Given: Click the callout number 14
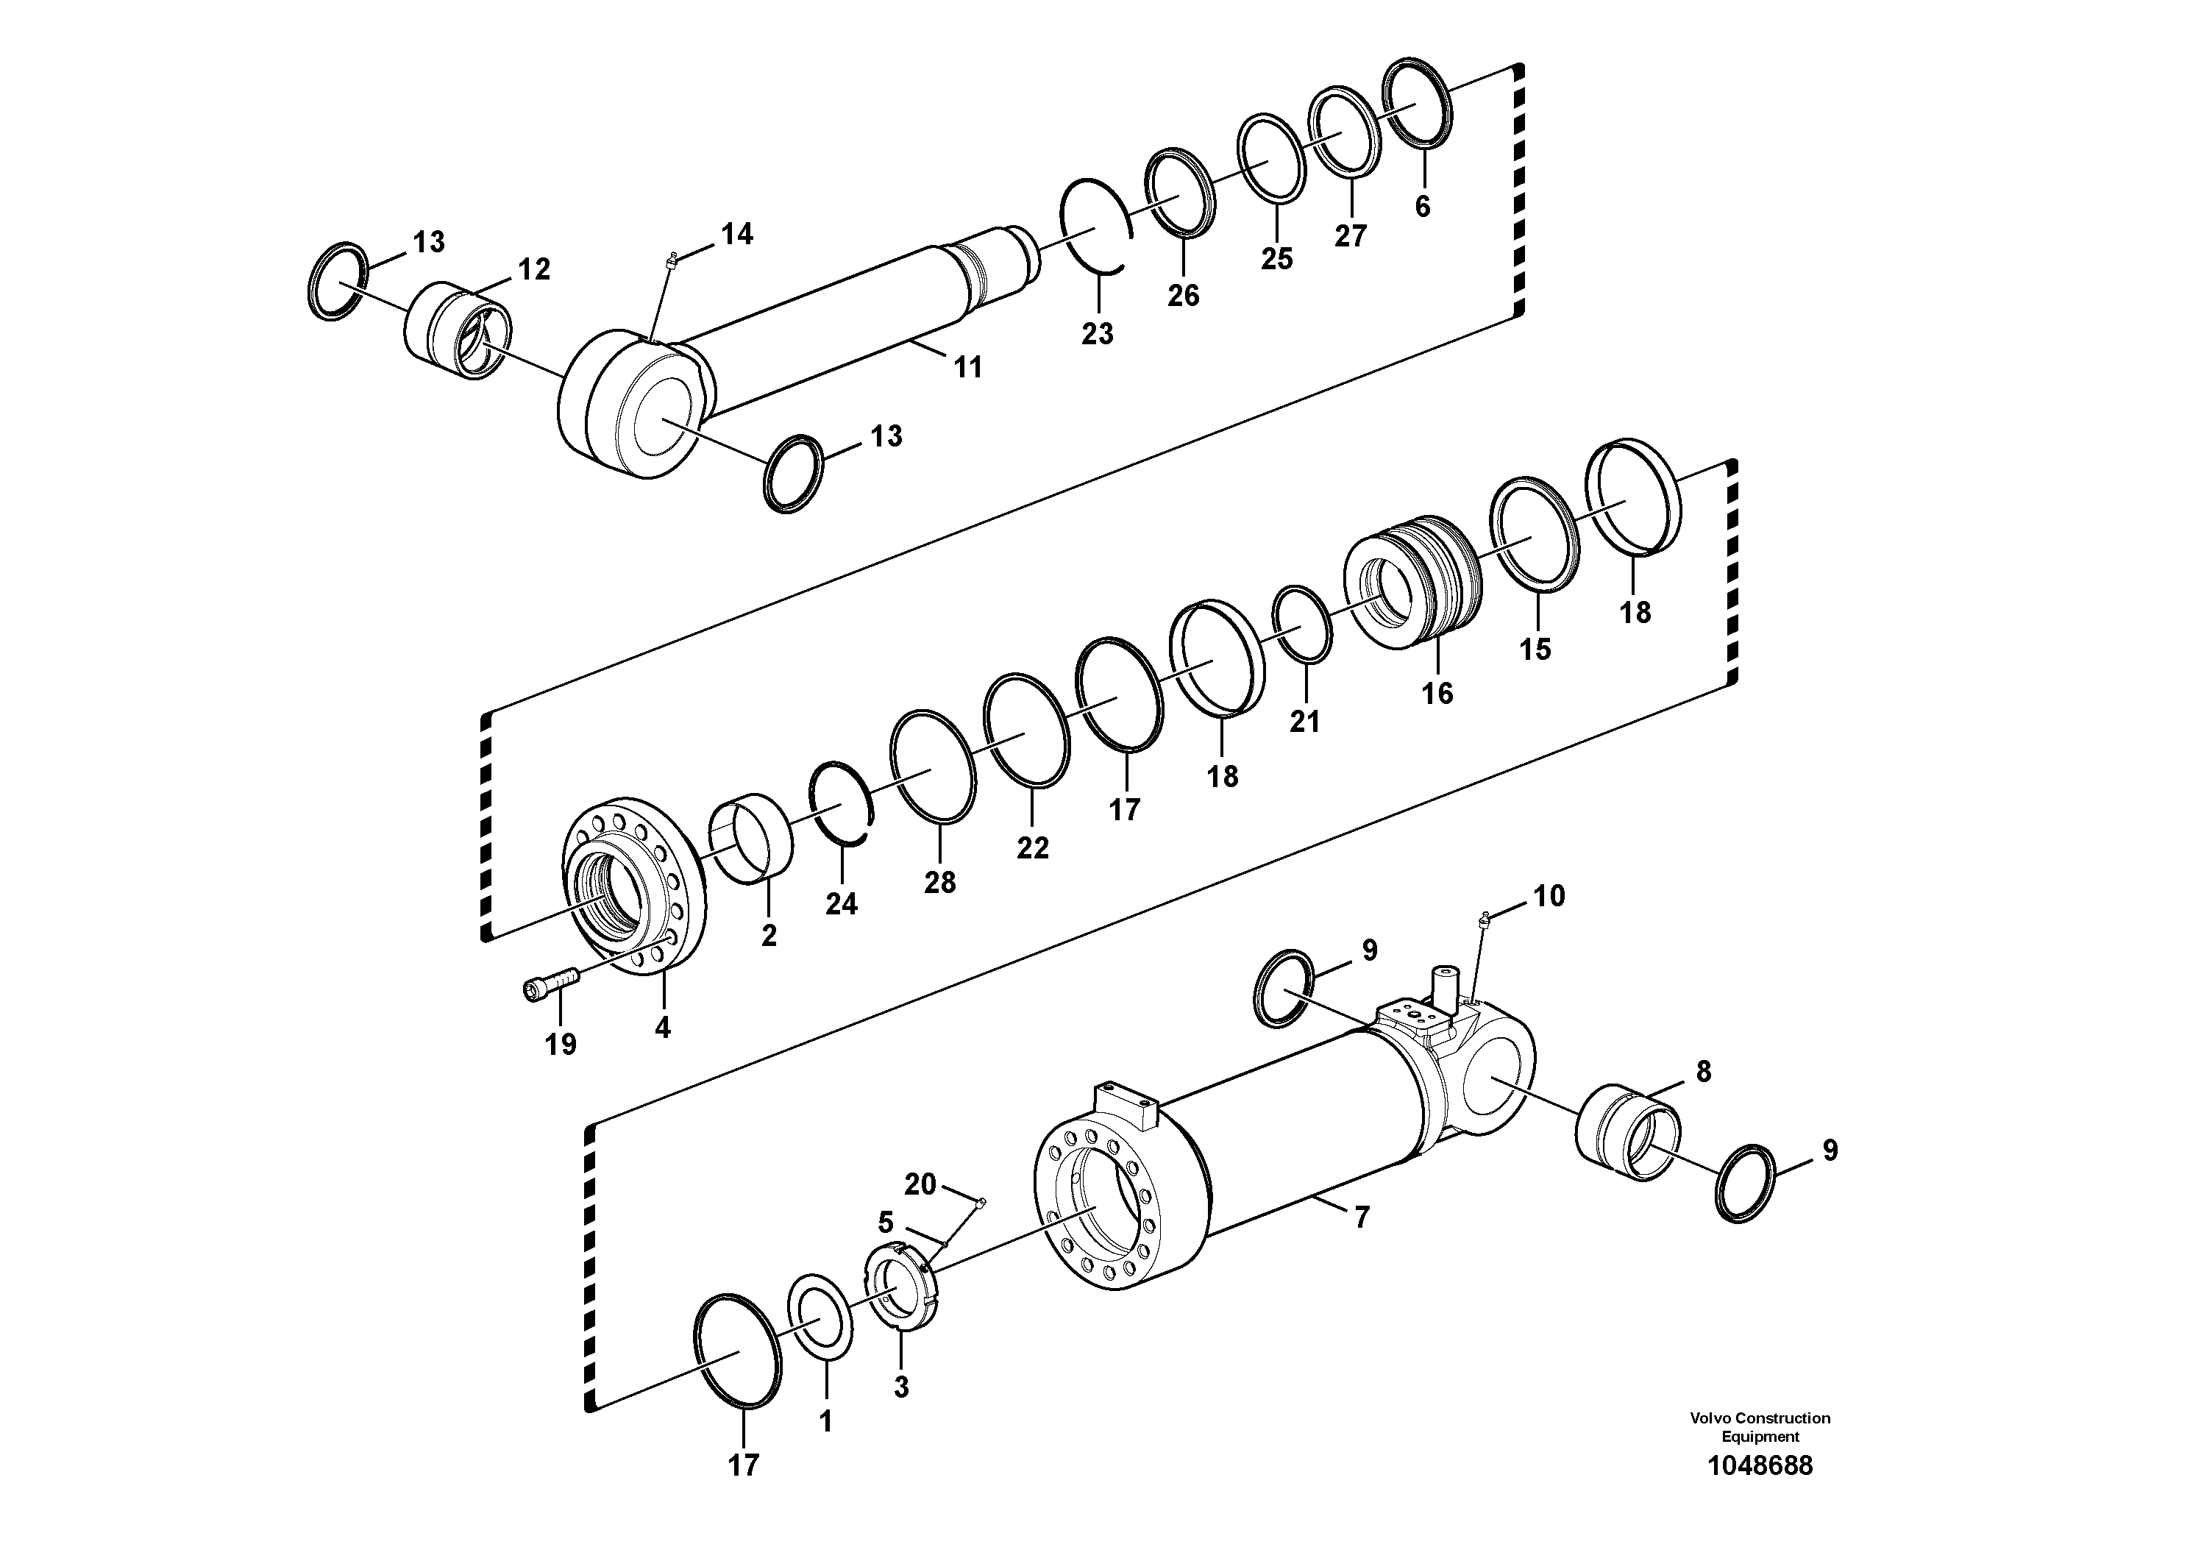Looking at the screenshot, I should (x=736, y=234).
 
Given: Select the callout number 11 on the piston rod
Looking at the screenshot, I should (x=968, y=367).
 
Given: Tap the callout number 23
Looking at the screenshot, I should (x=1097, y=334).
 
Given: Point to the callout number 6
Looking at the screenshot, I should (x=1422, y=206).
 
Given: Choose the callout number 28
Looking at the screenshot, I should (x=939, y=882).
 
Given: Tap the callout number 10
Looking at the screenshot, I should (x=1549, y=897).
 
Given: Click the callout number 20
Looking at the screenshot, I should (x=920, y=1184).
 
